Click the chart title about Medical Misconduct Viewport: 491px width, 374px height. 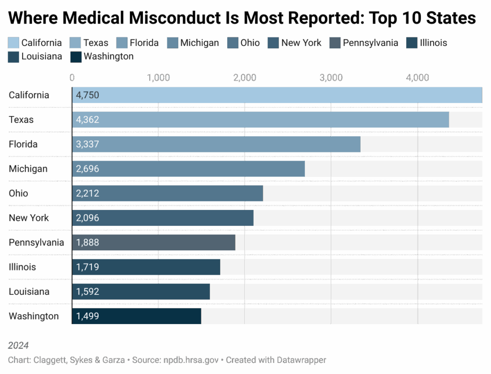coord(242,18)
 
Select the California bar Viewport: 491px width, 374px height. coord(277,95)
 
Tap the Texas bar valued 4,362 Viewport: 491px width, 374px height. coord(260,119)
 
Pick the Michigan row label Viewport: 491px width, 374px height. coord(28,169)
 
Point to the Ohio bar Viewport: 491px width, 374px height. coord(167,193)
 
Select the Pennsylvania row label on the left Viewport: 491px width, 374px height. coord(36,243)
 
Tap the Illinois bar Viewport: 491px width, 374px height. coord(146,267)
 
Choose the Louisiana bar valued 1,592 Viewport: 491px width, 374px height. coord(141,292)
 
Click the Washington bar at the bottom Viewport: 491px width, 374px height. coord(137,316)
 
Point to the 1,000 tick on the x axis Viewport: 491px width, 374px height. coord(158,78)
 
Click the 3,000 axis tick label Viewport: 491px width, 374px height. coord(331,78)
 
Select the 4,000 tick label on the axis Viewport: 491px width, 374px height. coord(417,78)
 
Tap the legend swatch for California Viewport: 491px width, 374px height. coord(14,43)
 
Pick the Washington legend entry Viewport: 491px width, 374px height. coord(108,57)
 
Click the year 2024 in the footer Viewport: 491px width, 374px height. coord(19,345)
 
